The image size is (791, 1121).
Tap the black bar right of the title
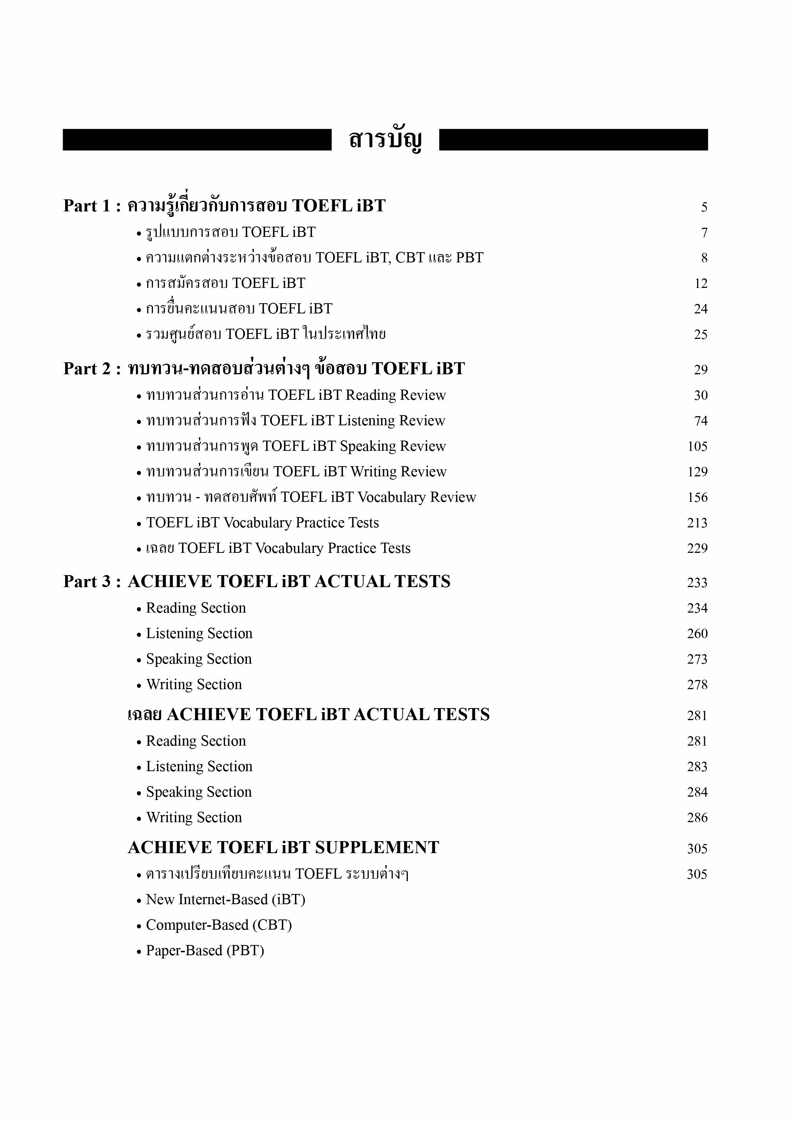click(573, 140)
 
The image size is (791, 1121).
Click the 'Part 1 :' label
click(92, 206)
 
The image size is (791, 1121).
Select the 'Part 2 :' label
click(92, 368)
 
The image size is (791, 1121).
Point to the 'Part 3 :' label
click(92, 582)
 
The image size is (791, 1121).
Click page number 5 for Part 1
click(704, 207)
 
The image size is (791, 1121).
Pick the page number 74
click(701, 421)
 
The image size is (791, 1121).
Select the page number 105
click(697, 446)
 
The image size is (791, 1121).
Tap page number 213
click(697, 523)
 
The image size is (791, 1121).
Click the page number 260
click(697, 634)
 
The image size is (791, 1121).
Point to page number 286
click(697, 818)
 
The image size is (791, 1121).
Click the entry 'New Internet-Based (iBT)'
click(225, 899)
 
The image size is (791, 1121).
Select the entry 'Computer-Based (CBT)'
click(219, 925)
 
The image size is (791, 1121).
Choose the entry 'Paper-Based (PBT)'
click(205, 950)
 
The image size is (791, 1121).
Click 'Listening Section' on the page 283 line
click(199, 766)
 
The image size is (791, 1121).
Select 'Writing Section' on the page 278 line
click(194, 684)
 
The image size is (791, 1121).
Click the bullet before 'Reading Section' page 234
click(139, 609)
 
